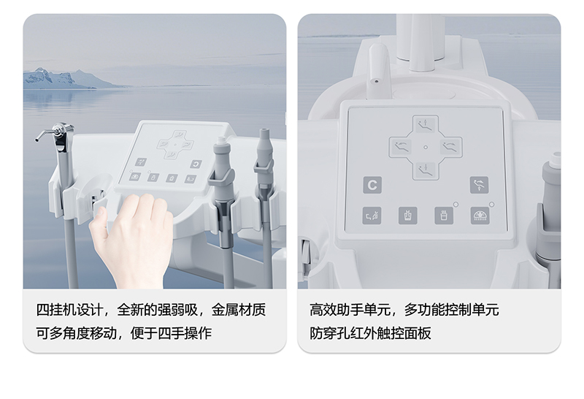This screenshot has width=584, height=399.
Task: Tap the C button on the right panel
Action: [x=372, y=185]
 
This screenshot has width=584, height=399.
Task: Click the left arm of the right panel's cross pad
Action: [x=401, y=147]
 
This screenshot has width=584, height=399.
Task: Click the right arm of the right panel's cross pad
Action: [x=450, y=147]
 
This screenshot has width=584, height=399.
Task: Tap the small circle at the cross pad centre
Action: [x=426, y=148]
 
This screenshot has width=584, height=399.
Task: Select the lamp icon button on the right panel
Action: [x=480, y=216]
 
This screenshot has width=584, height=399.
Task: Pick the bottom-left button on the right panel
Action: [x=372, y=216]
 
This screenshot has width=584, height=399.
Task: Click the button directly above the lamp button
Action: [x=479, y=185]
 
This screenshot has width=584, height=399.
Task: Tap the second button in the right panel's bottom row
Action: [x=408, y=216]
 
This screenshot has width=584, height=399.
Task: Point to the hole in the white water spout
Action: [x=377, y=81]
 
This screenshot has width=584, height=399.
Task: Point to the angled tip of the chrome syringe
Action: [x=37, y=140]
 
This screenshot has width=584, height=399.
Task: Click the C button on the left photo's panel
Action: [x=196, y=164]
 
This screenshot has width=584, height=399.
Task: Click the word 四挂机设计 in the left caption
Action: [x=69, y=310]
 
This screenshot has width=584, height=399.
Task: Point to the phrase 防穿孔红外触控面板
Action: [x=370, y=333]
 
